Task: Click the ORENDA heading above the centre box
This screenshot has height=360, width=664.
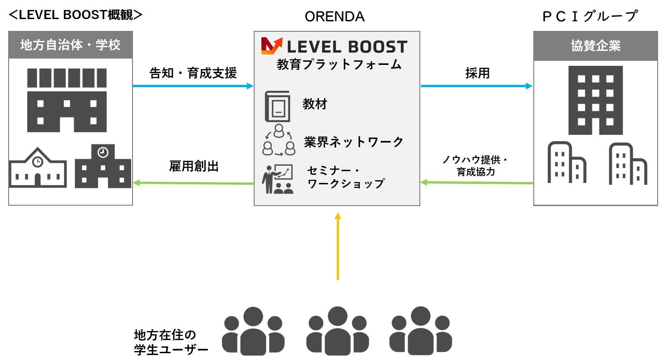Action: click(334, 17)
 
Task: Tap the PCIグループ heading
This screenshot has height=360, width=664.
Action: click(590, 17)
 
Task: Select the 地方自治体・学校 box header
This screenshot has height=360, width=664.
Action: click(70, 45)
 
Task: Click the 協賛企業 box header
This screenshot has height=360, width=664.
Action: click(595, 46)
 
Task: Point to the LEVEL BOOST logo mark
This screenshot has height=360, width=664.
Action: click(271, 46)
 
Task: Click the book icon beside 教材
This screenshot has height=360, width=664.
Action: click(277, 106)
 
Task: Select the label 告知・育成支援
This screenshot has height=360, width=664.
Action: click(193, 74)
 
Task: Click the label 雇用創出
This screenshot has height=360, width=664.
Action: click(193, 167)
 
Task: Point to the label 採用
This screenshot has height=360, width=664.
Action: click(477, 74)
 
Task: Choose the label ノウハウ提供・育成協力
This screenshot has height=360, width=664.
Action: click(475, 166)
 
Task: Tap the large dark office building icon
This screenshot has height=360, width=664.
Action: click(595, 100)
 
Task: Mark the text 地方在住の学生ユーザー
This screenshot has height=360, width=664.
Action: click(171, 343)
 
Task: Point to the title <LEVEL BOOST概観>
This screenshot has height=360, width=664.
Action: click(76, 15)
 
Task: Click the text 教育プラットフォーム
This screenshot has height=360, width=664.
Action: click(339, 64)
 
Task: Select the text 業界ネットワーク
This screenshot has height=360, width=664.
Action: click(354, 142)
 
